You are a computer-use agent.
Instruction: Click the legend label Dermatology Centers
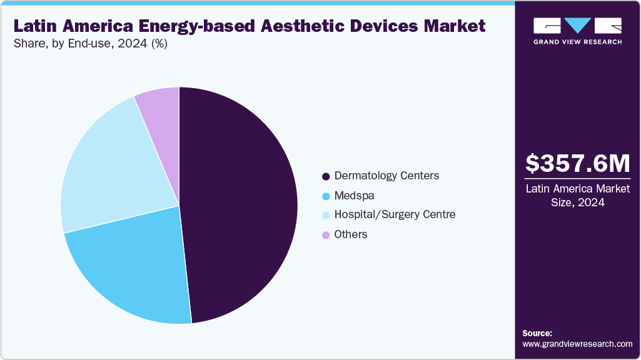coord(386,176)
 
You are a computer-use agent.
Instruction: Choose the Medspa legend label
coord(354,196)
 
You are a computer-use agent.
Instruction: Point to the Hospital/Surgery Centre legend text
coord(395,214)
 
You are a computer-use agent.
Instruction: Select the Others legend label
coord(351,234)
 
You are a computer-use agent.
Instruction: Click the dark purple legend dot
coord(326,176)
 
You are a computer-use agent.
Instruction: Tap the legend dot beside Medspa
coord(326,196)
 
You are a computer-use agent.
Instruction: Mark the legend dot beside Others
coord(326,235)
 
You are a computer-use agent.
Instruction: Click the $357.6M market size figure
coord(577,164)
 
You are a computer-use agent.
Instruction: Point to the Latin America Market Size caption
coord(577,195)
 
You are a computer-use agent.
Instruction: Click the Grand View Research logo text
coord(577,42)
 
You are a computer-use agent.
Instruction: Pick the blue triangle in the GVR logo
coord(577,25)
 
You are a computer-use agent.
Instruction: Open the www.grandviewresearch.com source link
coord(577,344)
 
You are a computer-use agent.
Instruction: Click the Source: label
coord(537,333)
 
